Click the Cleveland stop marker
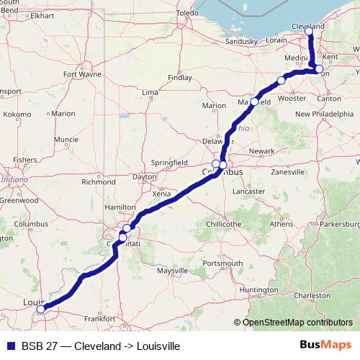pos(309,32)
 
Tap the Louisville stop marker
pos(41,310)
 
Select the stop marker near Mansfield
pos(254,102)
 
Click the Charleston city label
pos(312,295)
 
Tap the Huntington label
pos(258,289)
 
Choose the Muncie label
pos(66,139)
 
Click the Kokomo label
pos(17,114)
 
